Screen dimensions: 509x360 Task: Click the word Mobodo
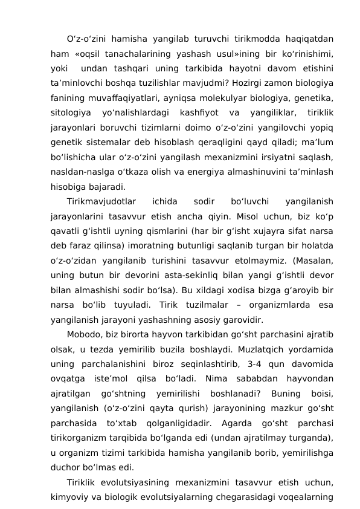83,336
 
